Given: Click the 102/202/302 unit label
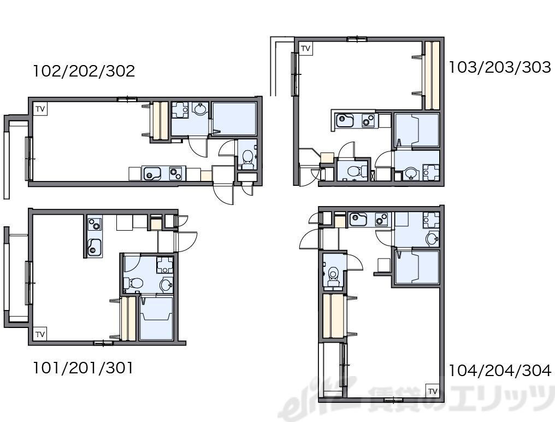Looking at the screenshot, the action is (x=84, y=71).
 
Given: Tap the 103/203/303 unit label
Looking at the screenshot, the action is (x=500, y=67).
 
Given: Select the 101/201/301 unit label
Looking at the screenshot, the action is (x=83, y=368).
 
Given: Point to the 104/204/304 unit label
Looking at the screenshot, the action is (x=500, y=371).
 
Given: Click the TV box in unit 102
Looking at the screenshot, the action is (x=40, y=109).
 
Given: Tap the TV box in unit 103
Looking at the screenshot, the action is (x=306, y=48).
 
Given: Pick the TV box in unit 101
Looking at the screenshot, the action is (x=40, y=334).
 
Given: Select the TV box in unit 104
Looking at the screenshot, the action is (x=433, y=391).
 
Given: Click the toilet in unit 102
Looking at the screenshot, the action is (x=247, y=159).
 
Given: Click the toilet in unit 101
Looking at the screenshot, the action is (x=133, y=283).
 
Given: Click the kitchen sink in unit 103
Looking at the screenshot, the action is (x=344, y=120).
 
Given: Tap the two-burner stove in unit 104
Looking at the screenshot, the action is (x=381, y=219).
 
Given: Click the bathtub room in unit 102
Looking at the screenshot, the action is (x=234, y=118).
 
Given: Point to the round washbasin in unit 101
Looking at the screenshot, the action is (x=166, y=284).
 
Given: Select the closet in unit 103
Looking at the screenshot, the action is (x=432, y=75).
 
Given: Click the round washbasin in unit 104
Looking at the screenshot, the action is (x=433, y=238).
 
